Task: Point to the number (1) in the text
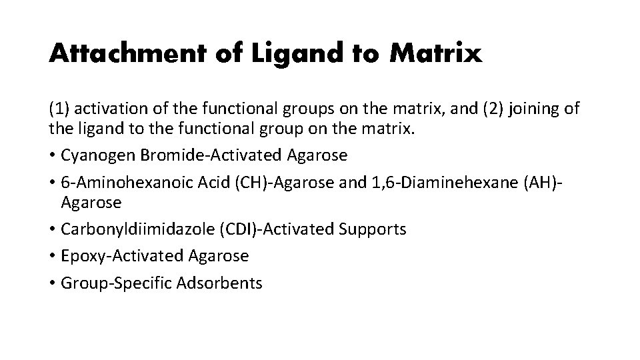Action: [x=58, y=108]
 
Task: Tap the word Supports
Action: [x=372, y=229]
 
